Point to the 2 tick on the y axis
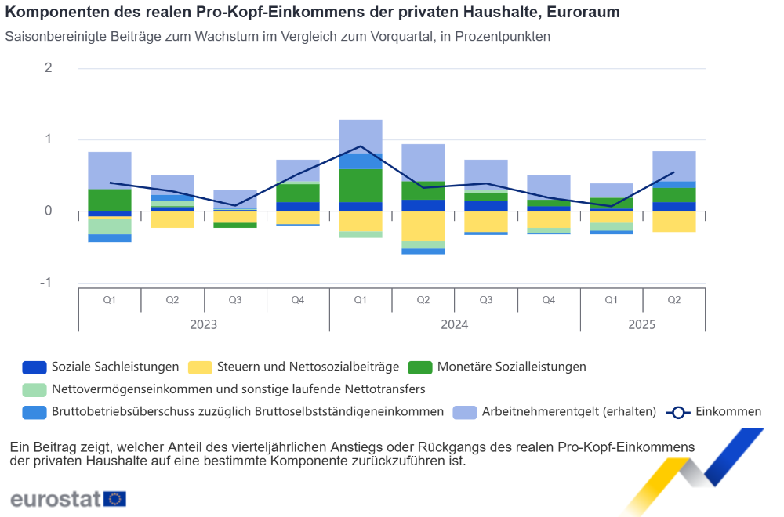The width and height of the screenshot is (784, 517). pyautogui.click(x=49, y=68)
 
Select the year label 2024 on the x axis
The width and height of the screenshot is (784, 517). pyautogui.click(x=455, y=324)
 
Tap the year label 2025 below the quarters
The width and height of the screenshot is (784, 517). pyautogui.click(x=643, y=324)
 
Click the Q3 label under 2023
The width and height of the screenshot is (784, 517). pyautogui.click(x=235, y=300)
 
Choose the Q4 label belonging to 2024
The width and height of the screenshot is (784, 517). pyautogui.click(x=549, y=300)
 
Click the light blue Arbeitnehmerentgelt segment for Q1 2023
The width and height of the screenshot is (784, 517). pyautogui.click(x=110, y=170)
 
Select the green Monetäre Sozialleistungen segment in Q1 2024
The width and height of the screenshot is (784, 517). pyautogui.click(x=361, y=185)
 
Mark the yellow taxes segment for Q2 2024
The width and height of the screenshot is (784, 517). pyautogui.click(x=423, y=226)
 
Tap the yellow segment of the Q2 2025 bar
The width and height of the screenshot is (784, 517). pyautogui.click(x=674, y=221)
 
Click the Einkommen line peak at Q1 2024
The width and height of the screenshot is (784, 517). pyautogui.click(x=361, y=146)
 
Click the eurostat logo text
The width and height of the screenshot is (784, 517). pyautogui.click(x=56, y=498)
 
